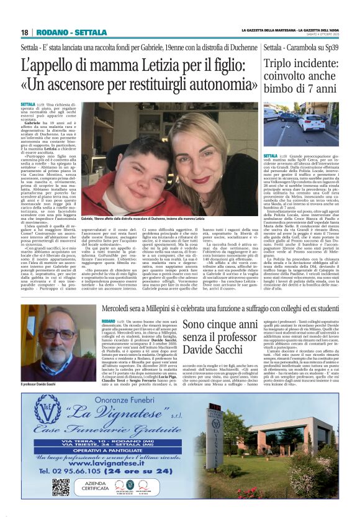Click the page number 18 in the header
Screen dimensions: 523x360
point(25,32)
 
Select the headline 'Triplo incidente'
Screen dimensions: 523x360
point(300,65)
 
